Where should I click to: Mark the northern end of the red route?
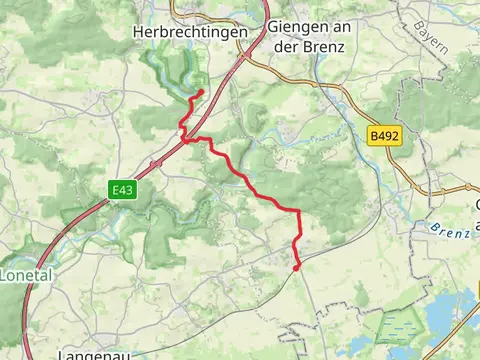(201, 93)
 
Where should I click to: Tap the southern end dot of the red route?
(297, 266)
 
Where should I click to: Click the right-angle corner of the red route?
(300, 210)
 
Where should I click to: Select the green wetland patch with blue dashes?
(397, 326)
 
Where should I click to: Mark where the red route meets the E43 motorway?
(183, 140)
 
